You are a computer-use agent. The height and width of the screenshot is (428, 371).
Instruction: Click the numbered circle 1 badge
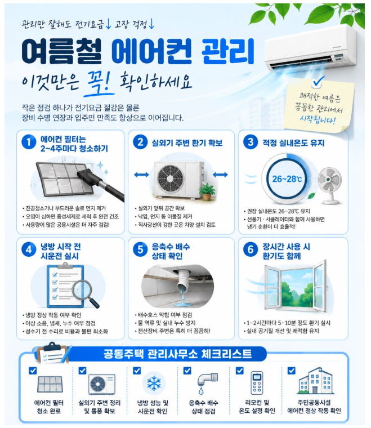coord(29,142)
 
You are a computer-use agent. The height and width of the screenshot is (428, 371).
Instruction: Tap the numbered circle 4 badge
coord(29,249)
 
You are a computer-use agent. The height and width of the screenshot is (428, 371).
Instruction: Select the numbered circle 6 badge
coord(251,249)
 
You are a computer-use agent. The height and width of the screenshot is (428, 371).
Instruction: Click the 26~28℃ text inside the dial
coord(287,179)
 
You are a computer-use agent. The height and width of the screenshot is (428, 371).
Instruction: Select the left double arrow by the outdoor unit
coord(141,175)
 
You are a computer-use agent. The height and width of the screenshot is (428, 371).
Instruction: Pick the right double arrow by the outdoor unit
coord(220,175)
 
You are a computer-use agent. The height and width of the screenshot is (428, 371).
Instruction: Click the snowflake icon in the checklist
coord(154,384)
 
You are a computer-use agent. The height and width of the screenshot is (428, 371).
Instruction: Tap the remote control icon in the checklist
coord(257,383)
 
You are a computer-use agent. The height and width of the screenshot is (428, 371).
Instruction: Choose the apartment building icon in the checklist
coord(316,381)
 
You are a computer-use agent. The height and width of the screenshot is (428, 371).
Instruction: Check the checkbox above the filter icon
coord(33,371)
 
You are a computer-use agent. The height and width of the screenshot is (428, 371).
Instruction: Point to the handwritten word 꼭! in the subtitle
coord(99,82)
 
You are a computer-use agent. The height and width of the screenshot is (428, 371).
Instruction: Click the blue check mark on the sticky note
coord(318,81)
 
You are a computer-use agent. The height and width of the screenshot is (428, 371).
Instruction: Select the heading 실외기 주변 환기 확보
coord(187,142)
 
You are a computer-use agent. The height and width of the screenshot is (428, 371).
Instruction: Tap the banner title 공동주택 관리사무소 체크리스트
coord(177,354)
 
